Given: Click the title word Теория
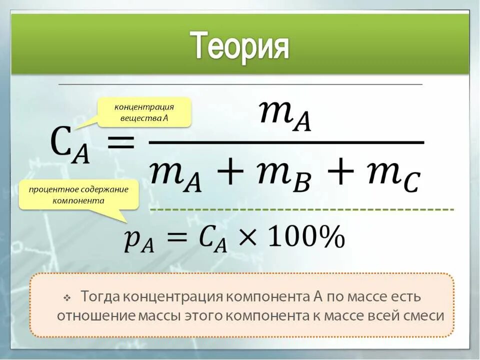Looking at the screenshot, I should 240,46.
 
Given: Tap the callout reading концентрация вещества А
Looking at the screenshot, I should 144,112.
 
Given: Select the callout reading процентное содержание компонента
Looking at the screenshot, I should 78,194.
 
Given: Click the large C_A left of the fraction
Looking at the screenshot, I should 69,144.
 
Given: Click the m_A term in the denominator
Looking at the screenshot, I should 175,175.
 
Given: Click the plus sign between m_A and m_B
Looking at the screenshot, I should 230,172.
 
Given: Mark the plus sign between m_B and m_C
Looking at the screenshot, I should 339,172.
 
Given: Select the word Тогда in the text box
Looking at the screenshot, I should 100,296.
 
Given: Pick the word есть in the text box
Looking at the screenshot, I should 406,296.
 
